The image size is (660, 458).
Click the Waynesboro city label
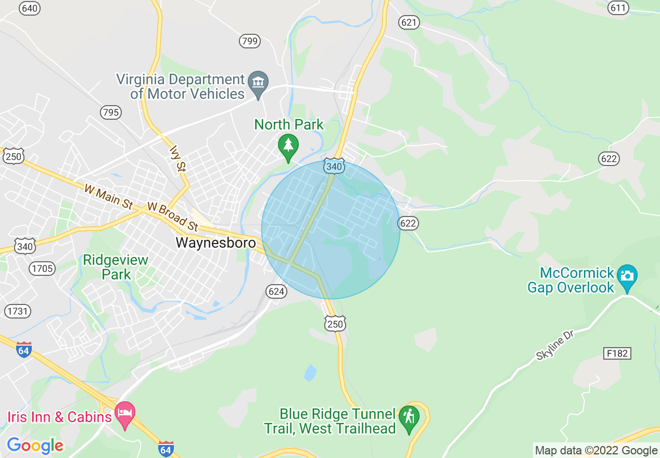tap(215, 243)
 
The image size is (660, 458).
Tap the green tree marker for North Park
tap(288, 146)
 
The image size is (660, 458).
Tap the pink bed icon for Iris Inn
tap(124, 413)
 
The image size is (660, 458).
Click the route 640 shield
tap(30, 8)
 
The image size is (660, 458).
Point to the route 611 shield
tap(618, 8)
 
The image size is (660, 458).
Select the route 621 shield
tap(409, 22)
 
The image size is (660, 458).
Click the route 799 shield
tap(250, 41)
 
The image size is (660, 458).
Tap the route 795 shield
tap(110, 112)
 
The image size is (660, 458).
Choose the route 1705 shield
tap(42, 269)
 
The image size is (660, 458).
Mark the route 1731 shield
tap(18, 311)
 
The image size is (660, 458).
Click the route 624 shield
tap(276, 291)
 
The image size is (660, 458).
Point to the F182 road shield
tap(618, 353)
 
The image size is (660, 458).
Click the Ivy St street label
tap(177, 158)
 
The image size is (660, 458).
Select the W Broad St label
tap(173, 216)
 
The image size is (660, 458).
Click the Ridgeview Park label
tap(116, 267)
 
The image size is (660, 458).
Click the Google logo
tap(35, 446)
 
